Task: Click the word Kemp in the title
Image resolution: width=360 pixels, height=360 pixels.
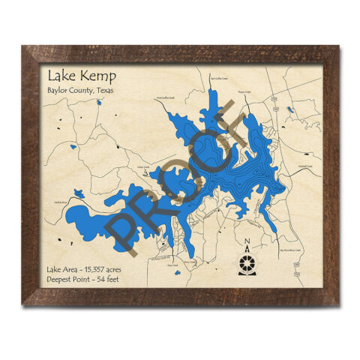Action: pos(93,76)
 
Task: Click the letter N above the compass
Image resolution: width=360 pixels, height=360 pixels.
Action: pos(247,241)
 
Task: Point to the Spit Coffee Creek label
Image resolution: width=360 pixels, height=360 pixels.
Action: pos(218,78)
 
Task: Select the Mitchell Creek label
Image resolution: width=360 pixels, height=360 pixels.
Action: pos(304,164)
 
